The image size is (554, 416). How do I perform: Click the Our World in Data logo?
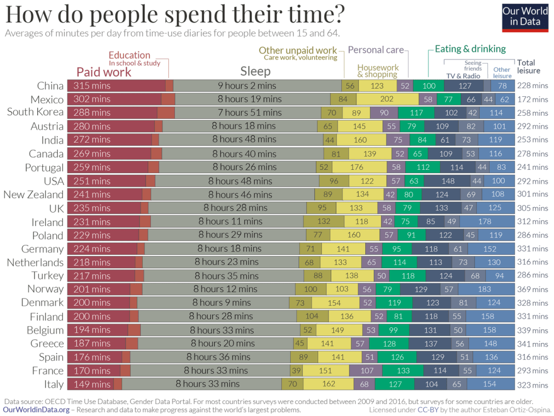(x=525, y=17)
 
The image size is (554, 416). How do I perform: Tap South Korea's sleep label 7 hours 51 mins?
(x=250, y=113)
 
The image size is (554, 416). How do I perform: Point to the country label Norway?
(x=45, y=289)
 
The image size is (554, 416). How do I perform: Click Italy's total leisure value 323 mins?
(x=532, y=385)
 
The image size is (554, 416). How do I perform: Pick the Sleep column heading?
(x=255, y=71)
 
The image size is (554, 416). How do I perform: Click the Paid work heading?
(x=104, y=72)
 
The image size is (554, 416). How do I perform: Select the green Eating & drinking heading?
(x=470, y=49)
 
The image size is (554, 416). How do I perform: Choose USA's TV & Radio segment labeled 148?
(x=447, y=181)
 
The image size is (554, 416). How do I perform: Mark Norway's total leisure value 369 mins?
(x=532, y=289)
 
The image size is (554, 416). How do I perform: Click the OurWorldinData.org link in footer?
(x=36, y=410)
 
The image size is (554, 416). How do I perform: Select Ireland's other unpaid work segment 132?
(x=324, y=221)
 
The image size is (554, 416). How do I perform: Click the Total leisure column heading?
(x=529, y=67)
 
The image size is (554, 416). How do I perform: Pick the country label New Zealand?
(x=34, y=194)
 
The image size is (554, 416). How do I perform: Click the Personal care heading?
(x=375, y=50)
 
